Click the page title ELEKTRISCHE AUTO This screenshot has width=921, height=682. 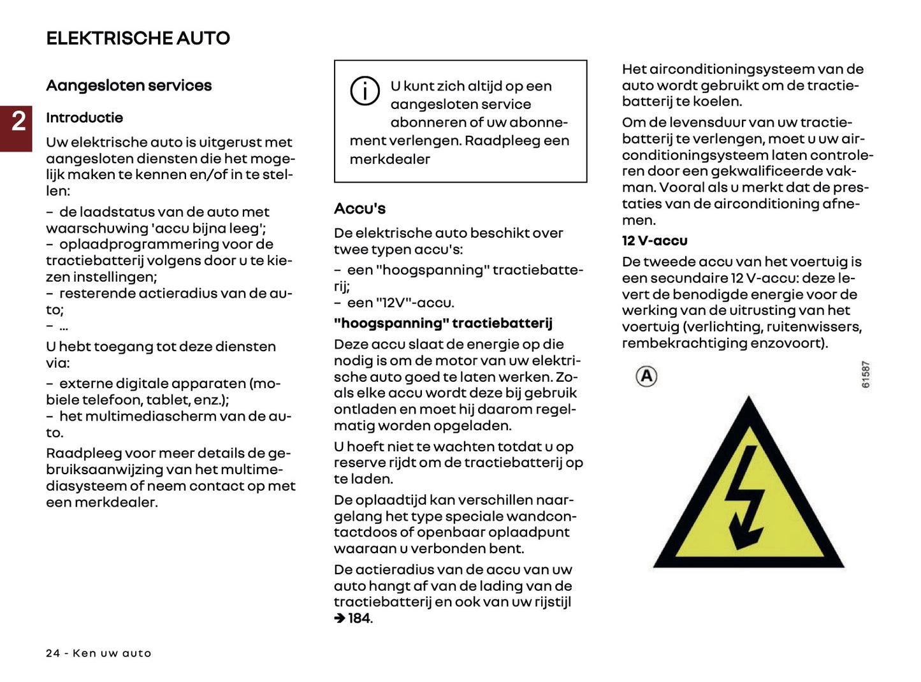coord(138,38)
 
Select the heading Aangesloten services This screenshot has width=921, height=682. coord(129,85)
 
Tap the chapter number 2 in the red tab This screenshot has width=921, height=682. coord(18,121)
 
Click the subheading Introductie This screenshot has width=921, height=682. coord(84,117)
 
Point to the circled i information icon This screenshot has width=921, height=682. coord(365,91)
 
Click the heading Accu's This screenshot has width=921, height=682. coord(359,208)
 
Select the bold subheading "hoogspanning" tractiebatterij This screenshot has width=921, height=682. coord(443,323)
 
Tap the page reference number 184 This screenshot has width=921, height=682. coord(359,618)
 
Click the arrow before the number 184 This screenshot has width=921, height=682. coord(340,618)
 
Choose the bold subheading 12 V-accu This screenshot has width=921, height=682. coord(655,241)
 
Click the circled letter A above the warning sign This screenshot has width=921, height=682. coord(646,376)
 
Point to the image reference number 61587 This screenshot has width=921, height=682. coord(865,374)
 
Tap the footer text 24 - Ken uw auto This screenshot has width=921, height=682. coord(99,653)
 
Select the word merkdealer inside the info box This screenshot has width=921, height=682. coord(389,159)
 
